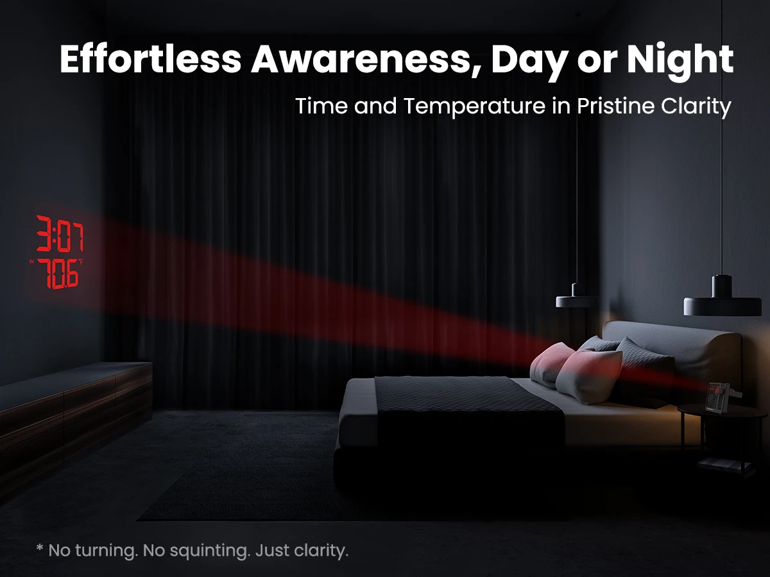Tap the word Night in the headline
click(x=680, y=61)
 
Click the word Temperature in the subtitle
click(x=474, y=106)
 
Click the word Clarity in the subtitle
click(x=696, y=106)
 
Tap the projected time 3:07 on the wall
click(x=60, y=233)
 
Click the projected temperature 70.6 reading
click(x=58, y=274)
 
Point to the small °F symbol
click(x=80, y=262)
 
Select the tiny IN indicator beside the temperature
click(x=31, y=262)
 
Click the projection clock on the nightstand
click(x=722, y=397)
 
